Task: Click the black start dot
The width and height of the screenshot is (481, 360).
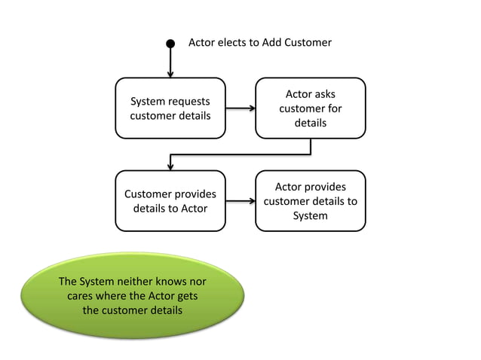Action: [x=170, y=44]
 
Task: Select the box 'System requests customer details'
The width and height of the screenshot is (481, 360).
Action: [x=170, y=108]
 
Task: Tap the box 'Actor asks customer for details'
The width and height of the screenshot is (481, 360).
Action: [x=311, y=108]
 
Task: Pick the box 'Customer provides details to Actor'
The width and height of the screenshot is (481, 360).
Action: [x=170, y=201]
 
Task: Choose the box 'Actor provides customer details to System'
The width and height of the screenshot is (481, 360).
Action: [x=311, y=201]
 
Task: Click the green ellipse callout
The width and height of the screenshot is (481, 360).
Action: [x=133, y=296]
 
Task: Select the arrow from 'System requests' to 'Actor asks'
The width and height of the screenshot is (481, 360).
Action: [x=240, y=108]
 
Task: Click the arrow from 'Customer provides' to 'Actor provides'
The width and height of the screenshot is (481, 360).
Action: [x=240, y=201]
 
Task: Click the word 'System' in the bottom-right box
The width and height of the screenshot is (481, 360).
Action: [x=311, y=215]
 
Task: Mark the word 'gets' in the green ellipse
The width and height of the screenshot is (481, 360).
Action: [x=188, y=296]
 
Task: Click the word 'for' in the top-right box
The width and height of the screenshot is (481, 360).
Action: [x=335, y=108]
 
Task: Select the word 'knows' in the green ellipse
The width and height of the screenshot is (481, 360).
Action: [x=171, y=281]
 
